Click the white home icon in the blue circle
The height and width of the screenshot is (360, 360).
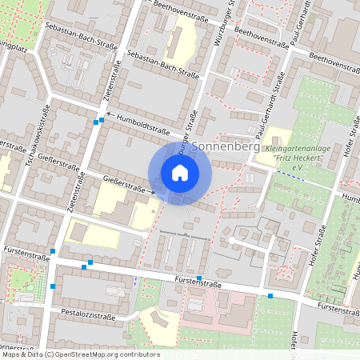180,173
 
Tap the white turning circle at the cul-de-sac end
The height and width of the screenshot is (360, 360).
231,239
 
